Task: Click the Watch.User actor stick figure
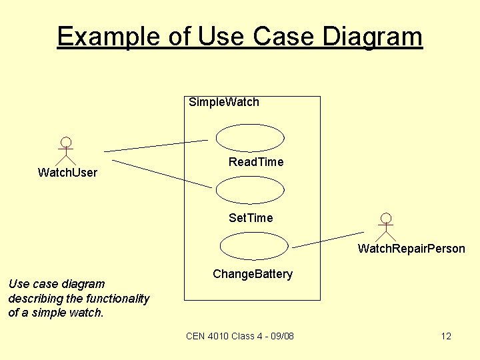pos(65,151)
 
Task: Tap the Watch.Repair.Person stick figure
pos(385,227)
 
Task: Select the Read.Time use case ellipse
pos(250,137)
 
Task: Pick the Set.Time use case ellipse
pos(250,190)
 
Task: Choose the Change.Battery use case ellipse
pos(254,246)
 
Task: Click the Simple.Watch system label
pos(224,102)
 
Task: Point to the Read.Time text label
pos(256,162)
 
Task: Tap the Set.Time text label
pos(251,218)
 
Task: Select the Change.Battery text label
pos(253,274)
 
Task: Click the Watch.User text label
pos(67,173)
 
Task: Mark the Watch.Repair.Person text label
pos(411,249)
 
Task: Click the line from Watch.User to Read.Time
pos(156,145)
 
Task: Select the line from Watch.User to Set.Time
pos(161,173)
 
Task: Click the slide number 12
pos(446,336)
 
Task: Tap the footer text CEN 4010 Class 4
pos(219,336)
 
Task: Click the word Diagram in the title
pos(373,36)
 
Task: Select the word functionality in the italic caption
pos(116,298)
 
